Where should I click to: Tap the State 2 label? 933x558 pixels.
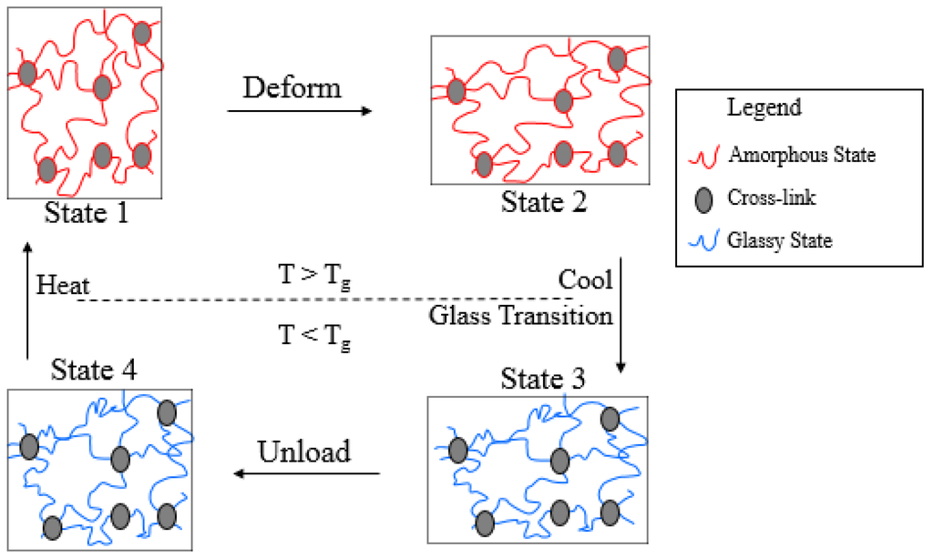point(544,202)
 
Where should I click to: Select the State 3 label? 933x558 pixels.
point(544,377)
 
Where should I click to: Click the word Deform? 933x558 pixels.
point(292,88)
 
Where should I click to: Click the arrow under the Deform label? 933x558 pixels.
point(300,111)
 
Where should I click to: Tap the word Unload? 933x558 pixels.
point(304,451)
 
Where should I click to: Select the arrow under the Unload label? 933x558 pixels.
point(306,473)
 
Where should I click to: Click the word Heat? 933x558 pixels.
point(62,286)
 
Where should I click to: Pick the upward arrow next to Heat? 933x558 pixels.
point(27,300)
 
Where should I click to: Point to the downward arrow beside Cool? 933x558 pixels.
point(620,314)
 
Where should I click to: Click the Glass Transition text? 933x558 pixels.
point(520,316)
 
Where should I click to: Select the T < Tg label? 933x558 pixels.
point(314,339)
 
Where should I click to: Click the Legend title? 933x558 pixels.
point(764,107)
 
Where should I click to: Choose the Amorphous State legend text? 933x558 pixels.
point(802,155)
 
